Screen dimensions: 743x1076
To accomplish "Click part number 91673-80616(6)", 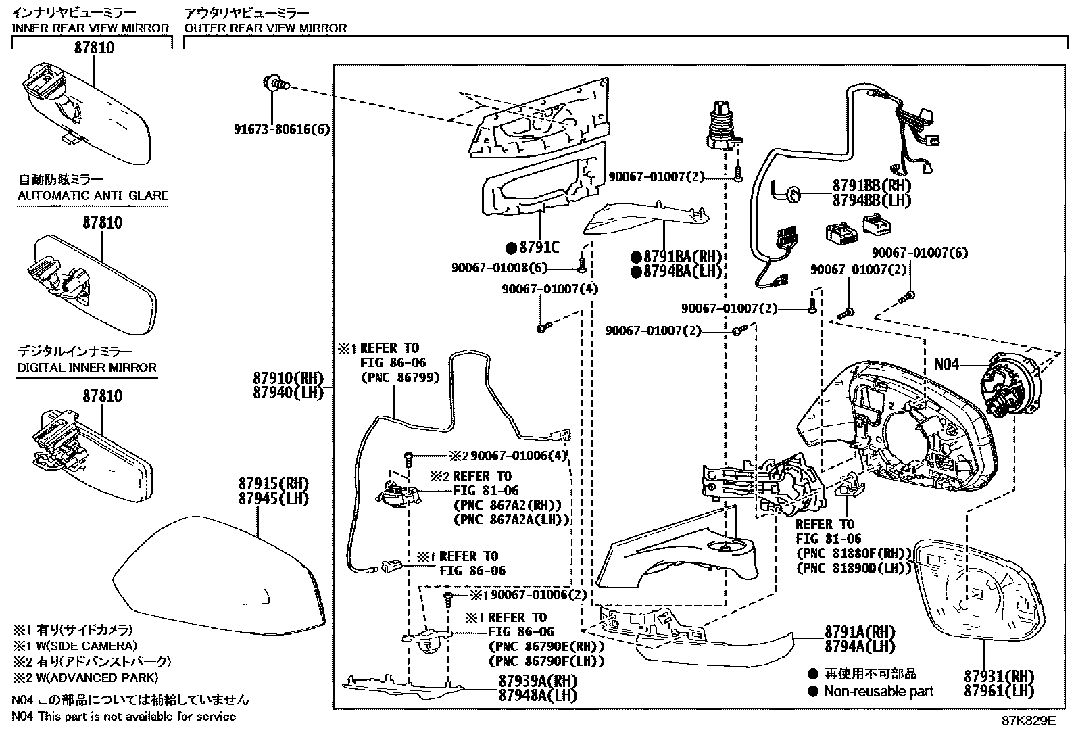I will (x=282, y=129).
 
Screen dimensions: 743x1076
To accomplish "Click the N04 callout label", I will (x=946, y=365).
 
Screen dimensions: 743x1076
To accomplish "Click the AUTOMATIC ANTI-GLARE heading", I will (x=93, y=196).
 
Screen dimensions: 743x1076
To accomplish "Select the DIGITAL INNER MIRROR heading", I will (x=87, y=368).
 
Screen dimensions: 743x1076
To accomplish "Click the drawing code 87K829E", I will (x=1028, y=721).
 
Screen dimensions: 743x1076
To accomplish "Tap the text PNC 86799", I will (x=400, y=377).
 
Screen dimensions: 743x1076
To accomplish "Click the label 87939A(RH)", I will (x=538, y=680).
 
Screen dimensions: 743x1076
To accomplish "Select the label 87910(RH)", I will (x=279, y=379).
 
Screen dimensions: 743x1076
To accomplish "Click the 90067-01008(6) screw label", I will (x=499, y=268).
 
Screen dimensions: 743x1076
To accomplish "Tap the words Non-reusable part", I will (x=878, y=692).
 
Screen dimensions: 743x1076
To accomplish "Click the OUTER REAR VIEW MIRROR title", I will (x=265, y=28).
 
